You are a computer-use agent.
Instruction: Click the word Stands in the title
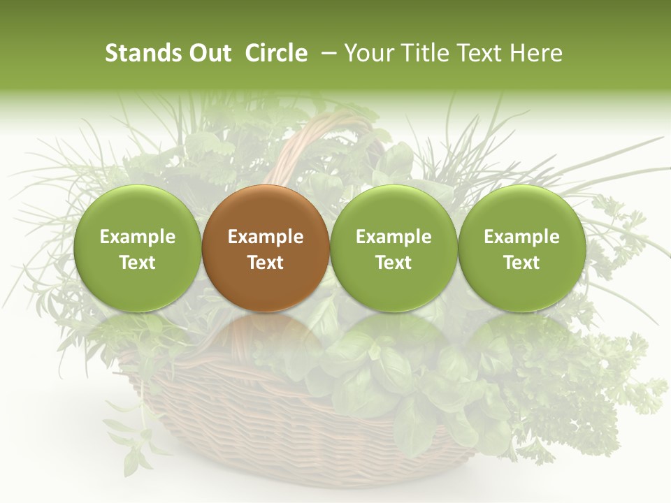coord(143,53)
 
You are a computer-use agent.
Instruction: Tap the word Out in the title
coord(209,53)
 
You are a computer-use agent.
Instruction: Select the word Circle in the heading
coord(276,53)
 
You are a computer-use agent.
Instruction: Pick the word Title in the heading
coord(425,53)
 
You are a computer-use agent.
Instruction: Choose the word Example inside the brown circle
coord(266,237)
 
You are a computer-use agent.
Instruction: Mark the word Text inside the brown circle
coord(266,263)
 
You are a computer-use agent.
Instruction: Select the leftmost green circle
coord(137,248)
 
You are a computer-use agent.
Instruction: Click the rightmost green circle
coord(521,248)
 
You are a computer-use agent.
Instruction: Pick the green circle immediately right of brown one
coord(394,248)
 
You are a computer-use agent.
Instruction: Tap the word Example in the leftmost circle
coord(138,237)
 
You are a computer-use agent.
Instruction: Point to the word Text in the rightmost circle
coord(521,263)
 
